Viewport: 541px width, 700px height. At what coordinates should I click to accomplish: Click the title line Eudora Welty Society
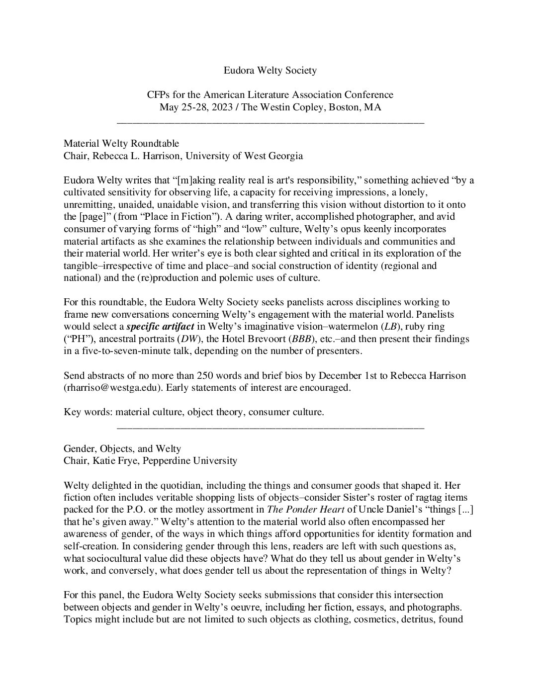click(x=270, y=71)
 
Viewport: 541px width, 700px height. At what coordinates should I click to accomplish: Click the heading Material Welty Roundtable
click(x=121, y=144)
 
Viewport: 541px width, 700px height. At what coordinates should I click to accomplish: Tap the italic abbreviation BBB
click(x=339, y=339)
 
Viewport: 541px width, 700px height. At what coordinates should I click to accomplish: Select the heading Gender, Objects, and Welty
click(x=122, y=448)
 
